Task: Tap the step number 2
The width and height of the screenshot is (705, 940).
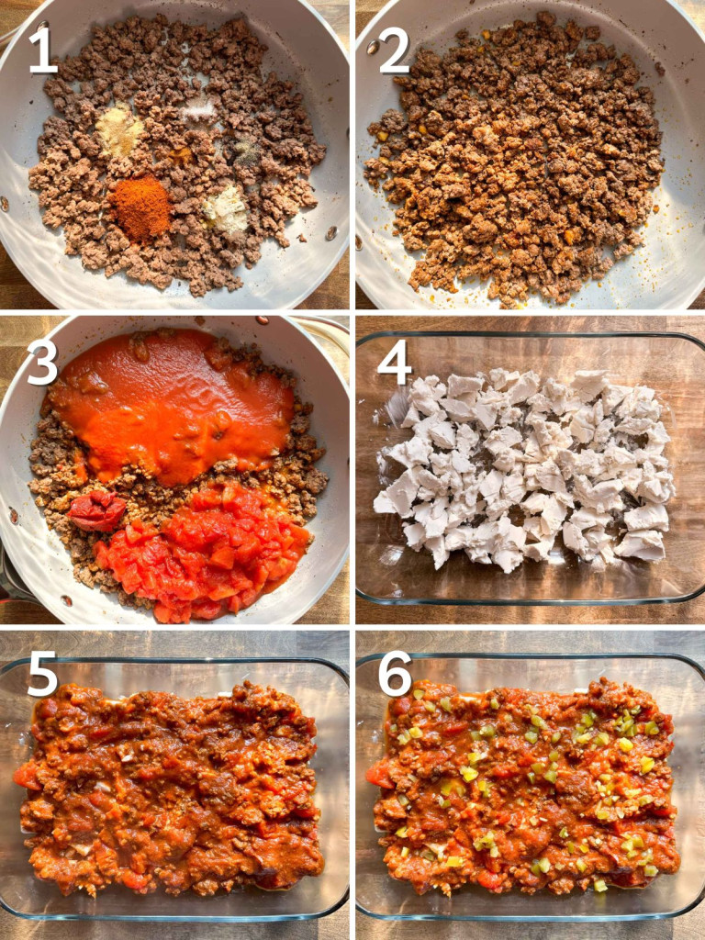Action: (393, 51)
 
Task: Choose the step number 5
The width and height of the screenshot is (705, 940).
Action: (42, 674)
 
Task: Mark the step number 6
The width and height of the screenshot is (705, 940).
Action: (395, 674)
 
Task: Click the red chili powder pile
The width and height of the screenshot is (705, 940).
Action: (140, 207)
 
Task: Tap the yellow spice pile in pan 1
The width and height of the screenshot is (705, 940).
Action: (120, 128)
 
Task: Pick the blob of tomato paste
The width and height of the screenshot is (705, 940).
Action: (95, 509)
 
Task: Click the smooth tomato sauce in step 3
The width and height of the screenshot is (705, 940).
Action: (173, 404)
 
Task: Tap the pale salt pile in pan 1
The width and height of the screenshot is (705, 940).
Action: (198, 109)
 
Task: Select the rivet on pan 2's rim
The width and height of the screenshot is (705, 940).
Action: (373, 47)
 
